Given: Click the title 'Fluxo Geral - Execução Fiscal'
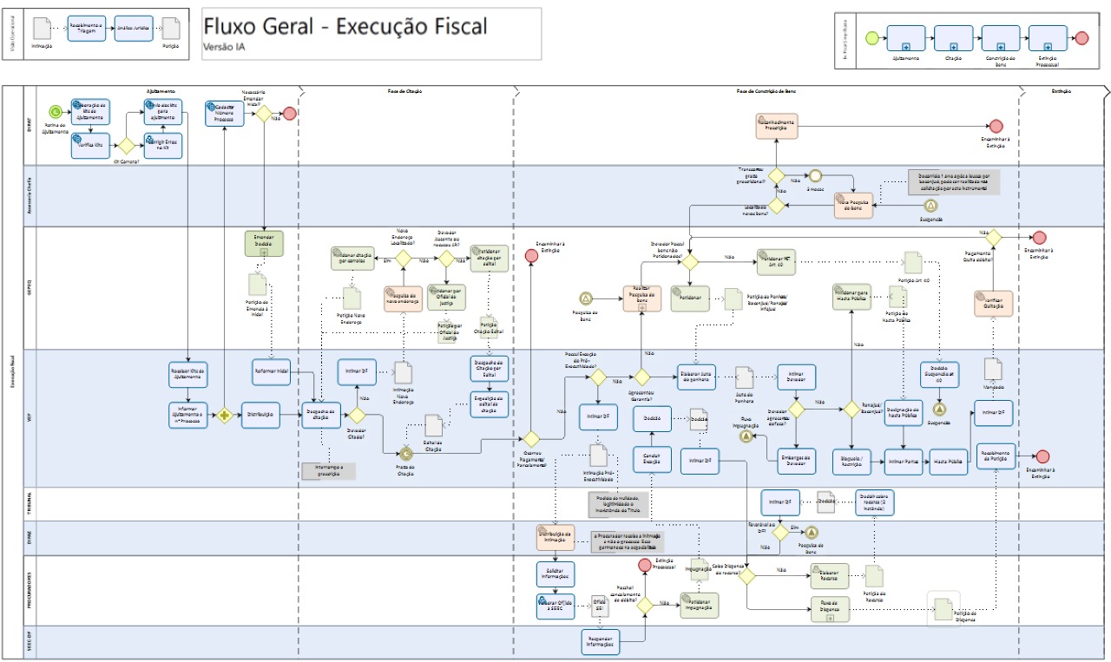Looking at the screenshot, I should click(x=345, y=26).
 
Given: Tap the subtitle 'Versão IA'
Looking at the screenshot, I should click(x=224, y=47).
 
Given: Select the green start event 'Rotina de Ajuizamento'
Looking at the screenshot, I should click(x=56, y=111).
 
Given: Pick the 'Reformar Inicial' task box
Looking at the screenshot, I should click(x=271, y=372).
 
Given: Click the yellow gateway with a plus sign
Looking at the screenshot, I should click(x=227, y=416).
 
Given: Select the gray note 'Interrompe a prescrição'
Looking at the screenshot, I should click(x=328, y=471).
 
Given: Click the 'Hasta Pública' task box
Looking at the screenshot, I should click(x=948, y=462).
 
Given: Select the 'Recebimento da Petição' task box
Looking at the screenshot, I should click(x=995, y=456).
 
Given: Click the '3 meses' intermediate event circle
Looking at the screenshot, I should click(x=815, y=176).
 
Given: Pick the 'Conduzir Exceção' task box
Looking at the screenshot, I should click(x=653, y=461).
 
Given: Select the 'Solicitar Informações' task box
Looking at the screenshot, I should click(x=555, y=574).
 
